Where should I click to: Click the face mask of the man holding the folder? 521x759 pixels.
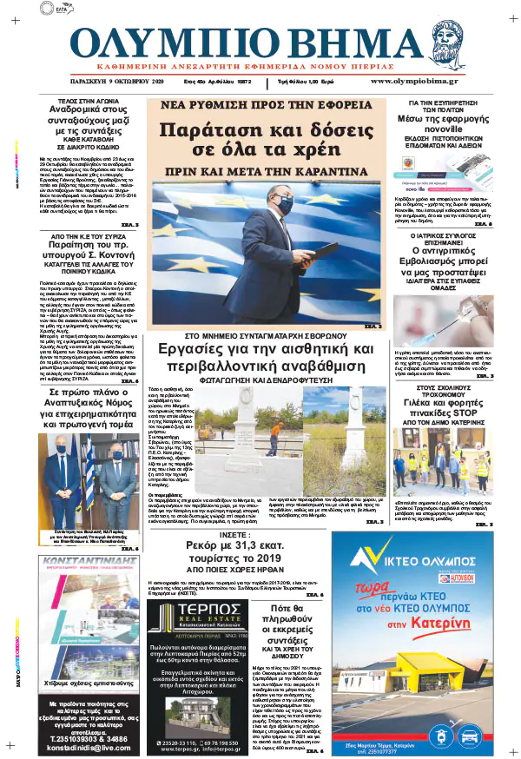284,206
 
